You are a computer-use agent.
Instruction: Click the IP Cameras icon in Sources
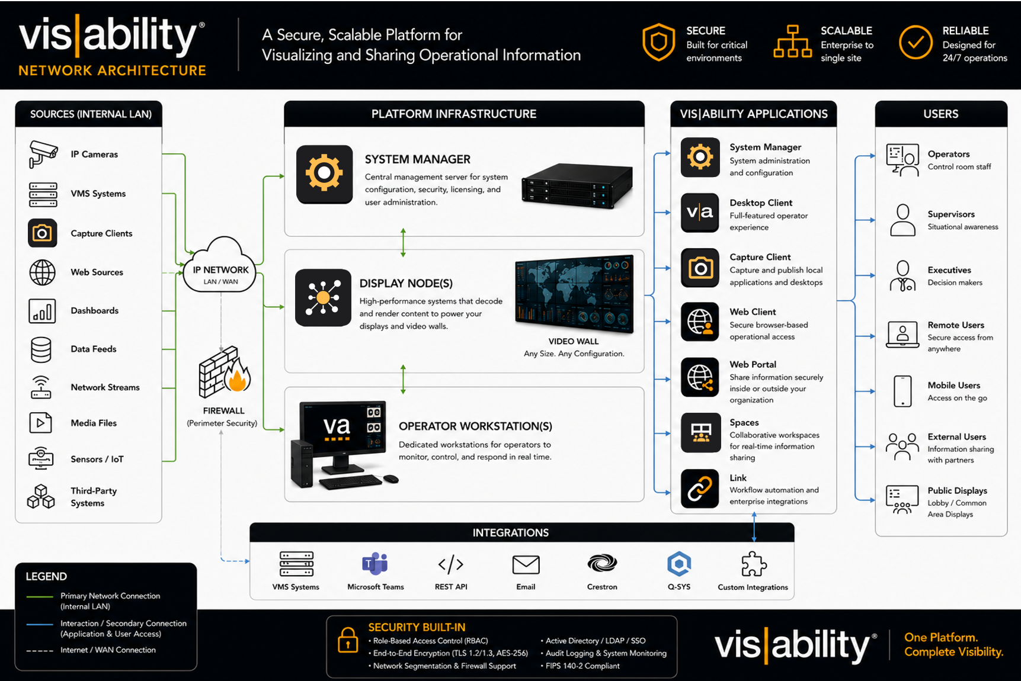[x=43, y=154]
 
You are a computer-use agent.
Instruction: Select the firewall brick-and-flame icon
[x=224, y=371]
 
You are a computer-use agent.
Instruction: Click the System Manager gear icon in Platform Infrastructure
[x=324, y=174]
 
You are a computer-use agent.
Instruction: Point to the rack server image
[x=577, y=185]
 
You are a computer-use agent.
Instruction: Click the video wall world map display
[x=574, y=294]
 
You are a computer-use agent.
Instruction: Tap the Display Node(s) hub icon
[x=323, y=298]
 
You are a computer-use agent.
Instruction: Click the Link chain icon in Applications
[x=700, y=489]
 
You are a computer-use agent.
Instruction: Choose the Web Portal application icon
[x=700, y=377]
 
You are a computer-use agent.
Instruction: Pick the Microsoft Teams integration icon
[x=375, y=564]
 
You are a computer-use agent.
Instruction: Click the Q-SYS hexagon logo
[x=678, y=564]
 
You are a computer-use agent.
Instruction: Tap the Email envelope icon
[x=526, y=565]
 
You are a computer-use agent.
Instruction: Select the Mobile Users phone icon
[x=902, y=391]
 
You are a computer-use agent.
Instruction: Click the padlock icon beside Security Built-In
[x=348, y=640]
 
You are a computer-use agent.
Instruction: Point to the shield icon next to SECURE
[x=658, y=43]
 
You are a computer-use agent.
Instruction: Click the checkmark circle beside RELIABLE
[x=916, y=43]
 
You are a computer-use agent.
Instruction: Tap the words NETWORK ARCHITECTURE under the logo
[x=113, y=70]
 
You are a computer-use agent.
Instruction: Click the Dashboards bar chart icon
[x=42, y=311]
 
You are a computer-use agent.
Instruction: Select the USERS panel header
[x=941, y=114]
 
